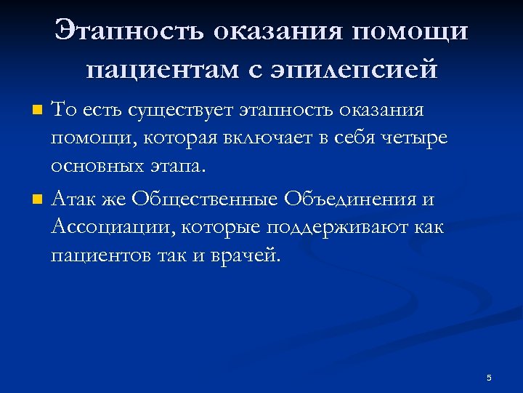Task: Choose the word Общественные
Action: tap(207, 199)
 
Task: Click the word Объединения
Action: tap(350, 199)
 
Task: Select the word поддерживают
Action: tap(337, 228)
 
